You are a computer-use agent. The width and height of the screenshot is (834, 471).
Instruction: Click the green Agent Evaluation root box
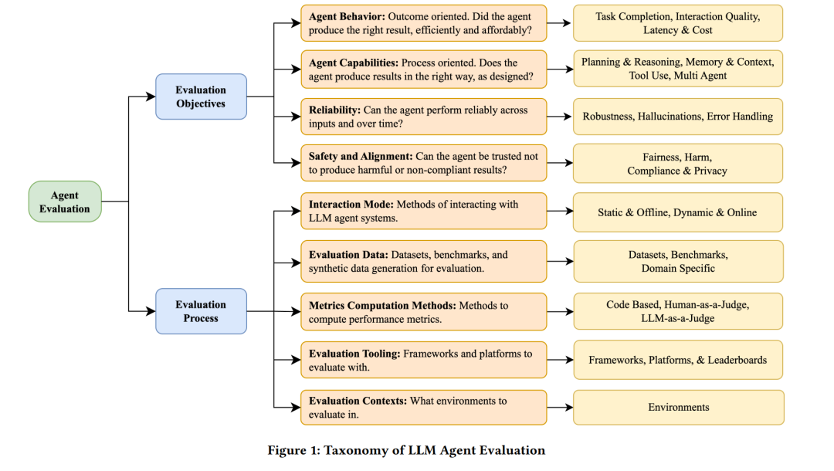(65, 202)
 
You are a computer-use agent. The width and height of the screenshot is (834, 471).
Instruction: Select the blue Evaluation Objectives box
(201, 97)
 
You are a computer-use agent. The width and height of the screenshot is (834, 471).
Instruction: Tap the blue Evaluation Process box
(201, 311)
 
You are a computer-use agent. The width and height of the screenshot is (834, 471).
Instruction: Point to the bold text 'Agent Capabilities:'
(353, 63)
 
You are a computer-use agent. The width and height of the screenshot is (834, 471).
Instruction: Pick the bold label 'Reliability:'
(334, 110)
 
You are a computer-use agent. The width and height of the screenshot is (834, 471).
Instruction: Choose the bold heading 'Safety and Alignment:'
(361, 156)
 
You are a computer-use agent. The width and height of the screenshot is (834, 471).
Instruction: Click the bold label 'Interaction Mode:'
(351, 204)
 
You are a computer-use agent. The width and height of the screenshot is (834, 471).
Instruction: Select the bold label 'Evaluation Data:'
(348, 255)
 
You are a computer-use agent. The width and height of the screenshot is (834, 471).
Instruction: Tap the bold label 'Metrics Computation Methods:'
(382, 306)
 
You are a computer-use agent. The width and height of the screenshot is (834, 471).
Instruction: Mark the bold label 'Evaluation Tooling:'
(354, 354)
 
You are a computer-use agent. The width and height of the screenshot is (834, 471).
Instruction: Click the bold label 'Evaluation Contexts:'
(358, 401)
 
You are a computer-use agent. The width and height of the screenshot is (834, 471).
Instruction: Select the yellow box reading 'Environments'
(679, 407)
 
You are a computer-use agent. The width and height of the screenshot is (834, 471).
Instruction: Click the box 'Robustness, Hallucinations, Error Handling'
(678, 117)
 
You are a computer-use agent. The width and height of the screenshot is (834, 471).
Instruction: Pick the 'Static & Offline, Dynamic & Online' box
(678, 212)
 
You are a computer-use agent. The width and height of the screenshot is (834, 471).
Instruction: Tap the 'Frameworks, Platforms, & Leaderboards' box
(678, 360)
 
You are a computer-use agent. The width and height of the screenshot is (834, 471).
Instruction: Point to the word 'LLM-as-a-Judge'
(678, 318)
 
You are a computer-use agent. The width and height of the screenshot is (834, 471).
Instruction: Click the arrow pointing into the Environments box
(560, 407)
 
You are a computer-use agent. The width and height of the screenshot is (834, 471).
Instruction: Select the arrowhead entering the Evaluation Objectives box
(151, 97)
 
